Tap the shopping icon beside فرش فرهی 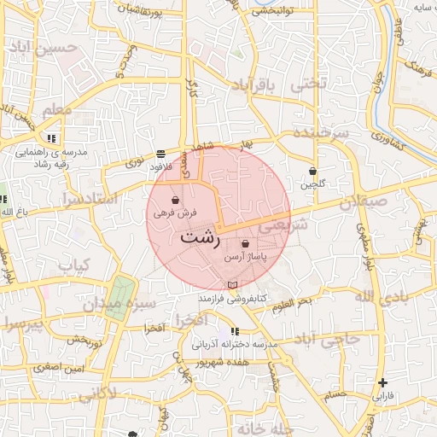pyautogui.click(x=175, y=201)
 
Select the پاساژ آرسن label pyautogui.click(x=246, y=256)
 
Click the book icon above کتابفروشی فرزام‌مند pyautogui.click(x=232, y=285)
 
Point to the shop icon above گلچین pyautogui.click(x=312, y=171)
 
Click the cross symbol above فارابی pyautogui.click(x=383, y=382)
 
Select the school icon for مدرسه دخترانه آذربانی pyautogui.click(x=234, y=331)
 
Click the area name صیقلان pyautogui.click(x=363, y=203)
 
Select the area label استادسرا pyautogui.click(x=67, y=199)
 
